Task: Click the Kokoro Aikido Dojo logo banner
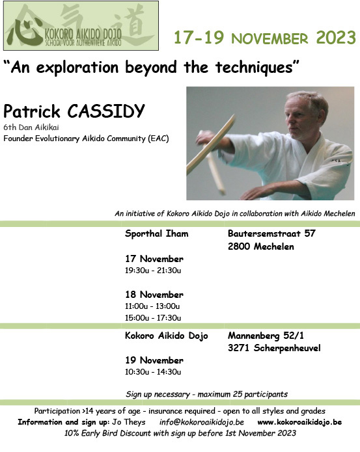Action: tap(81, 25)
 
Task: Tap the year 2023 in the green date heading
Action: tap(336, 38)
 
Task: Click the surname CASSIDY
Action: tap(106, 111)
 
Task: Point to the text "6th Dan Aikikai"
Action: tap(31, 127)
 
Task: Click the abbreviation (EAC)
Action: tap(158, 139)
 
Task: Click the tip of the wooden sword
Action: tap(233, 116)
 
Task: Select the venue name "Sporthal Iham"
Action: tap(157, 233)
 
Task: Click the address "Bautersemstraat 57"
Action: tap(271, 233)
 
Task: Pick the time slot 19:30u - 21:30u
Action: tap(153, 271)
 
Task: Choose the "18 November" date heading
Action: tap(154, 295)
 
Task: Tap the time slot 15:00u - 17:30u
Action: tap(153, 317)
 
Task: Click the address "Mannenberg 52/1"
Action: tap(266, 336)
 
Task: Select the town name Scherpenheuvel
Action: tap(287, 348)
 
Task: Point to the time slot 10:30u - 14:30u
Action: tap(153, 372)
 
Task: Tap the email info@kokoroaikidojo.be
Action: tap(202, 422)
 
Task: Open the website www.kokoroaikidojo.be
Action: tap(299, 422)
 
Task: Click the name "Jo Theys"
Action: tap(129, 422)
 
